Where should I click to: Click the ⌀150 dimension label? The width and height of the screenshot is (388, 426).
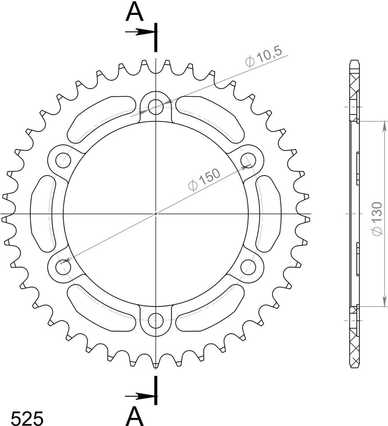pyautogui.click(x=204, y=179)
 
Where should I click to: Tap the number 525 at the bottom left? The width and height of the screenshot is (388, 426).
pyautogui.click(x=27, y=418)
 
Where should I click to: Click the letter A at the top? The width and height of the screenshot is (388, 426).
pyautogui.click(x=134, y=12)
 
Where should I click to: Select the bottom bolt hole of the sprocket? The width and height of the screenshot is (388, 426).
pyautogui.click(x=156, y=321)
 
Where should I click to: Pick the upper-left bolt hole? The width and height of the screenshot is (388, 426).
pyautogui.click(x=63, y=160)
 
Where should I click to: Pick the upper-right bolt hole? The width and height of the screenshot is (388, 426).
pyautogui.click(x=248, y=160)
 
